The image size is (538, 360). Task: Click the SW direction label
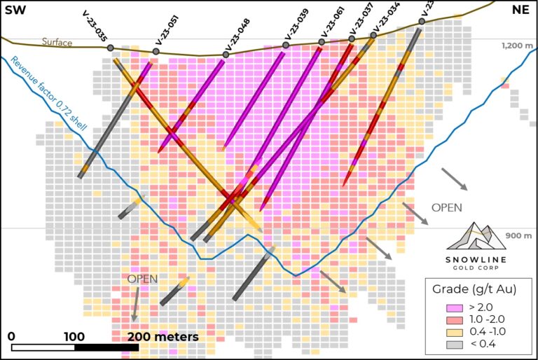[x=15, y=9]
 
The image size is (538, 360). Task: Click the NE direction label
[x=520, y=9]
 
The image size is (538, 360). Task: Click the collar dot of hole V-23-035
[x=111, y=48]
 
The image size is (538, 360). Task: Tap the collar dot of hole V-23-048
[x=226, y=55]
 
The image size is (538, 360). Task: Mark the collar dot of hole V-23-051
[x=156, y=51]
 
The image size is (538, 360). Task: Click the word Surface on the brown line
[x=57, y=43]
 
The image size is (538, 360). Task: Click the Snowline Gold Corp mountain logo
[x=476, y=235]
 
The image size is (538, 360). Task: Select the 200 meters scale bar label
[x=163, y=337]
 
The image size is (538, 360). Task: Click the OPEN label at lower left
[x=142, y=279]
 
